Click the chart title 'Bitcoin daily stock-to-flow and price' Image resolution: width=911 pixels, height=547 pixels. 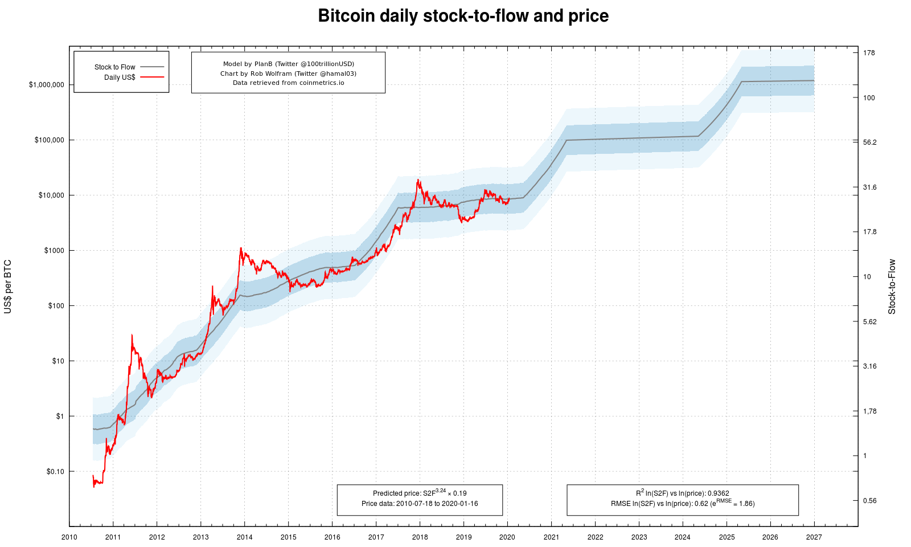[x=463, y=16]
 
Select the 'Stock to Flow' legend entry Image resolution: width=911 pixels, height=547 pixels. [x=115, y=67]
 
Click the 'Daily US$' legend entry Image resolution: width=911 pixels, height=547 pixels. [x=120, y=77]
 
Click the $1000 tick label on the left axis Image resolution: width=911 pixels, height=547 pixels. [x=54, y=251]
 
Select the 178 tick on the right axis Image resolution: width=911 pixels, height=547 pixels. [x=869, y=53]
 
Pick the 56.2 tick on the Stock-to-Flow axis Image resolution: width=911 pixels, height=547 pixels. [x=869, y=142]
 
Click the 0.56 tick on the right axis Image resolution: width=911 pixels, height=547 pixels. [x=869, y=501]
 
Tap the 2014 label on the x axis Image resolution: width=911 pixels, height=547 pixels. [x=244, y=537]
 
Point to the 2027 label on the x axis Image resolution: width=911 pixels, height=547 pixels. [x=814, y=537]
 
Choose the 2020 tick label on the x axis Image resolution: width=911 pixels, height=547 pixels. [x=507, y=537]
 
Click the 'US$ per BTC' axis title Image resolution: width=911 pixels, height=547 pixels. [x=8, y=287]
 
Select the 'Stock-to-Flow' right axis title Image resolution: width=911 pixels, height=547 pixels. [x=892, y=287]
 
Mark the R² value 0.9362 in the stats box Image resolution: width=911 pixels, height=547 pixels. [x=718, y=493]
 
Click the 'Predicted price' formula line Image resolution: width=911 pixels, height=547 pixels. [x=420, y=493]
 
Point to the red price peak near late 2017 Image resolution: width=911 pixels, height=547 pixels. [x=418, y=180]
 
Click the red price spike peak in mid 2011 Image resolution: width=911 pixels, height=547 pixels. [x=132, y=335]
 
